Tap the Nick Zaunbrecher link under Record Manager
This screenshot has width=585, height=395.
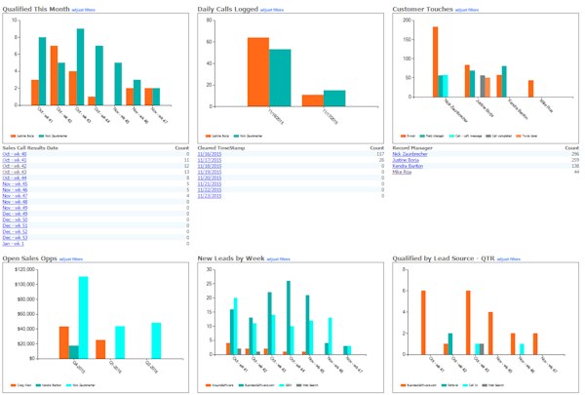pyautogui.click(x=412, y=154)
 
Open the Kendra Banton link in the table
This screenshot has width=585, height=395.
pyautogui.click(x=408, y=166)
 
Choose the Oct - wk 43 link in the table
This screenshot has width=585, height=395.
pyautogui.click(x=15, y=172)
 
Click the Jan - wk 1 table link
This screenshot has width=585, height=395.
pyautogui.click(x=14, y=243)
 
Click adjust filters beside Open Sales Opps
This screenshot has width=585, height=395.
pyautogui.click(x=71, y=258)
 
